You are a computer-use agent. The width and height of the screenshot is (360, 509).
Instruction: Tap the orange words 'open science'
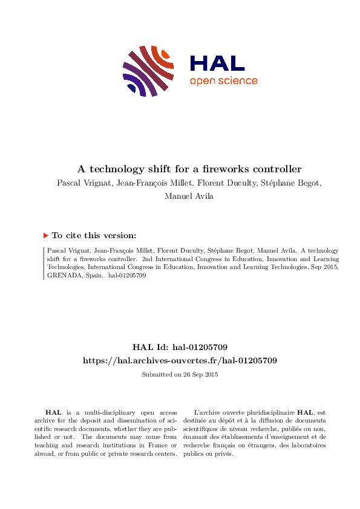(223, 81)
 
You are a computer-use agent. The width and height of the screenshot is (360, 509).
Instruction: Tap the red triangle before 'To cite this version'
(45, 236)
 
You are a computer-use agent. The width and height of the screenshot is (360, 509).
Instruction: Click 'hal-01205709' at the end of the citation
(126, 275)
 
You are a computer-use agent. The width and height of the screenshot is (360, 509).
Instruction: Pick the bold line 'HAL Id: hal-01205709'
(180, 347)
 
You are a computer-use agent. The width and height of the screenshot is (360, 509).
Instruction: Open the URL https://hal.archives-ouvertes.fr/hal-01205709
(180, 360)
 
